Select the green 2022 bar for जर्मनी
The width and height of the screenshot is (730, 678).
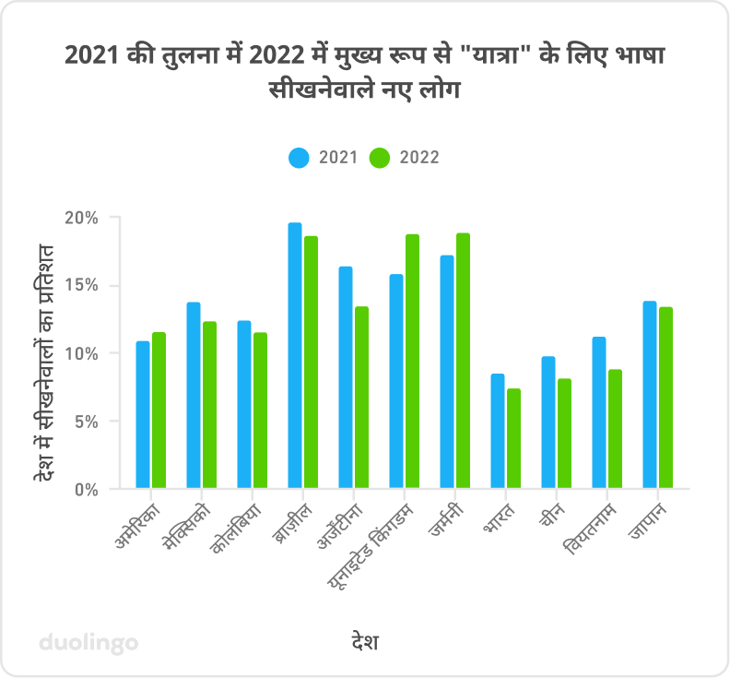463,361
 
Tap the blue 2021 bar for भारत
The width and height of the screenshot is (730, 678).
498,431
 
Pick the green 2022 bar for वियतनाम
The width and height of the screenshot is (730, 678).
615,429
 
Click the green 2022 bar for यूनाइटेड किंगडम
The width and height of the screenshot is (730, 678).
412,361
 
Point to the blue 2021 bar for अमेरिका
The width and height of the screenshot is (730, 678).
143,414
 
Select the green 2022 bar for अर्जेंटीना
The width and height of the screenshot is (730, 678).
361,398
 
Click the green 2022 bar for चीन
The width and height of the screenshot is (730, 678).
564,434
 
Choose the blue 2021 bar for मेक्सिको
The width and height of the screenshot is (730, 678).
194,396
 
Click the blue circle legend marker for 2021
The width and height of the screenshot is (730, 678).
300,158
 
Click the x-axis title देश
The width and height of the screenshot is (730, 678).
365,641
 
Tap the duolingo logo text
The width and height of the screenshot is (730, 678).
88,641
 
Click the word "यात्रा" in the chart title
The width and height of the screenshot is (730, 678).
505,57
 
